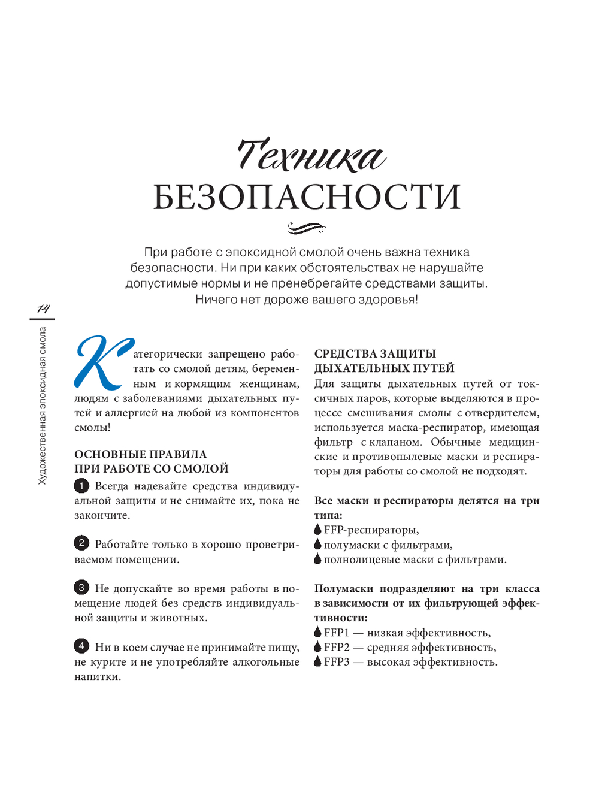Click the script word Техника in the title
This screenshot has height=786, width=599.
pyautogui.click(x=310, y=156)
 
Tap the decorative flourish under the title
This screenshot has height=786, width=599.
pyautogui.click(x=306, y=228)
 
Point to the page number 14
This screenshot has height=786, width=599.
pyautogui.click(x=43, y=309)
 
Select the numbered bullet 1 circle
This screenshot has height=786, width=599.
pyautogui.click(x=81, y=486)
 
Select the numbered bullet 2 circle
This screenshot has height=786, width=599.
pyautogui.click(x=81, y=544)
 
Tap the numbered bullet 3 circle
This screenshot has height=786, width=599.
pyautogui.click(x=81, y=588)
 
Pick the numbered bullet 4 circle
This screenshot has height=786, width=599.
pyautogui.click(x=81, y=646)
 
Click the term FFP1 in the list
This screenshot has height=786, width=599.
pyautogui.click(x=336, y=633)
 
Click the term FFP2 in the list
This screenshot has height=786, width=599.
pyautogui.click(x=336, y=647)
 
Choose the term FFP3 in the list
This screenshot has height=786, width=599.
pyautogui.click(x=336, y=662)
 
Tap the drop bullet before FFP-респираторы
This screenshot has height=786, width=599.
pyautogui.click(x=317, y=530)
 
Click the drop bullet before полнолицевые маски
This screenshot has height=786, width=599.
pyautogui.click(x=317, y=559)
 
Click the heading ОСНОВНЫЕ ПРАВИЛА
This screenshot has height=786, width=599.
pyautogui.click(x=141, y=454)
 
